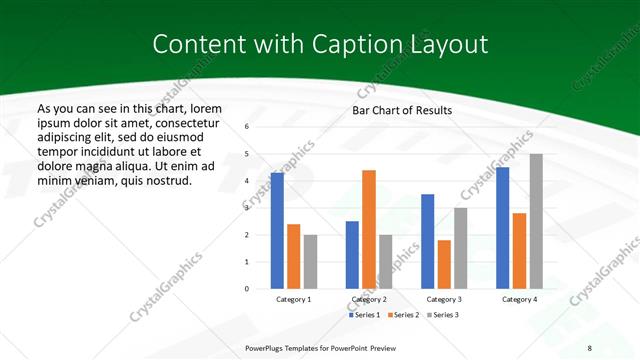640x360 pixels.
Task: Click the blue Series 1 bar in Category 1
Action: coord(277,231)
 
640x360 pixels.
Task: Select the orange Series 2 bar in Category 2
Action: coord(369,229)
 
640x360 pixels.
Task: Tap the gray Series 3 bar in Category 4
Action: coord(536,221)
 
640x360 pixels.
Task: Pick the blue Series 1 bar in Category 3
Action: coord(428,241)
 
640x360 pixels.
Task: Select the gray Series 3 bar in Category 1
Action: coord(310,262)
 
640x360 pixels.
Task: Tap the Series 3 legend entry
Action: coord(443,315)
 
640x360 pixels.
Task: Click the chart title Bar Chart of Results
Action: coord(402,110)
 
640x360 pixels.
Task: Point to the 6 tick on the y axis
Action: coord(246,127)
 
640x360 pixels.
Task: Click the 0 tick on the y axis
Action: coord(246,289)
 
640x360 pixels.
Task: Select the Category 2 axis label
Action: coord(369,299)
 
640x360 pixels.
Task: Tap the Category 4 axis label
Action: coord(519,299)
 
